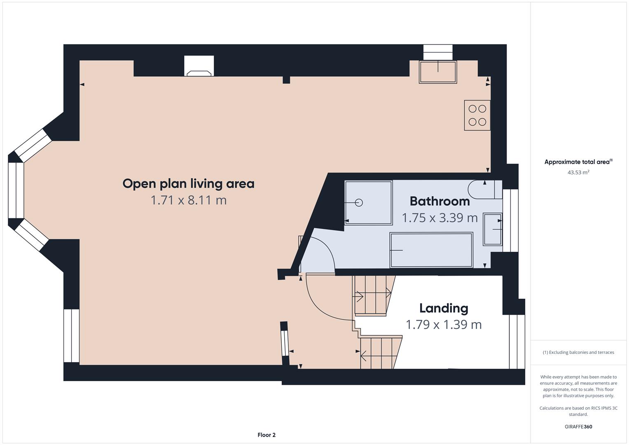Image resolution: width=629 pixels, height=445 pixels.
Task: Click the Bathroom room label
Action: pyautogui.click(x=440, y=201)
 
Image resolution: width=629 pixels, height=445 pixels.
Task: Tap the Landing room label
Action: pyautogui.click(x=444, y=309)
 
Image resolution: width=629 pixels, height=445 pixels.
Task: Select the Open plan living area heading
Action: pyautogui.click(x=188, y=184)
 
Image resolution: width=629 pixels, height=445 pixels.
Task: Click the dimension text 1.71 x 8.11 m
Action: pyautogui.click(x=188, y=200)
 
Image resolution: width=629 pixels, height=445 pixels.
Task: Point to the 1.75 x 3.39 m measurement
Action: pyautogui.click(x=440, y=218)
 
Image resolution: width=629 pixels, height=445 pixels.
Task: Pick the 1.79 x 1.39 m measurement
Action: pyautogui.click(x=444, y=325)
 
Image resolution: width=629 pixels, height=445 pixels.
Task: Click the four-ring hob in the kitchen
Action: pyautogui.click(x=477, y=115)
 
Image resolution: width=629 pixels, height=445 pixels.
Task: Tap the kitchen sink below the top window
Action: pyautogui.click(x=438, y=72)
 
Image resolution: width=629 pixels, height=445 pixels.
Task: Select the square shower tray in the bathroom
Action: pyautogui.click(x=368, y=203)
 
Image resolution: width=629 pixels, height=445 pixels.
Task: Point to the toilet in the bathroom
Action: pyautogui.click(x=485, y=190)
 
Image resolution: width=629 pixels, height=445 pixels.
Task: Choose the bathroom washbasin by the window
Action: pyautogui.click(x=493, y=229)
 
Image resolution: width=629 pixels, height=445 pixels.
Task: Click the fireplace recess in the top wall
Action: pyautogui.click(x=199, y=66)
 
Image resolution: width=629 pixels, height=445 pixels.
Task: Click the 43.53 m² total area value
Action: pyautogui.click(x=578, y=172)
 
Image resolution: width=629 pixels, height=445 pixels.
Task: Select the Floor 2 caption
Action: pyautogui.click(x=267, y=435)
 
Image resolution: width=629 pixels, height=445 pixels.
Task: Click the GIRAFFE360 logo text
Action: pyautogui.click(x=578, y=426)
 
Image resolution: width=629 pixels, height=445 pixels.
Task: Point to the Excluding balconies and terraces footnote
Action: pyautogui.click(x=578, y=352)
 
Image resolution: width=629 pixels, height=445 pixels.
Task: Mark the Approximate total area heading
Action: pyautogui.click(x=578, y=162)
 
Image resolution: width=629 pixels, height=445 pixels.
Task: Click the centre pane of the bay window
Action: pyautogui.click(x=16, y=190)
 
